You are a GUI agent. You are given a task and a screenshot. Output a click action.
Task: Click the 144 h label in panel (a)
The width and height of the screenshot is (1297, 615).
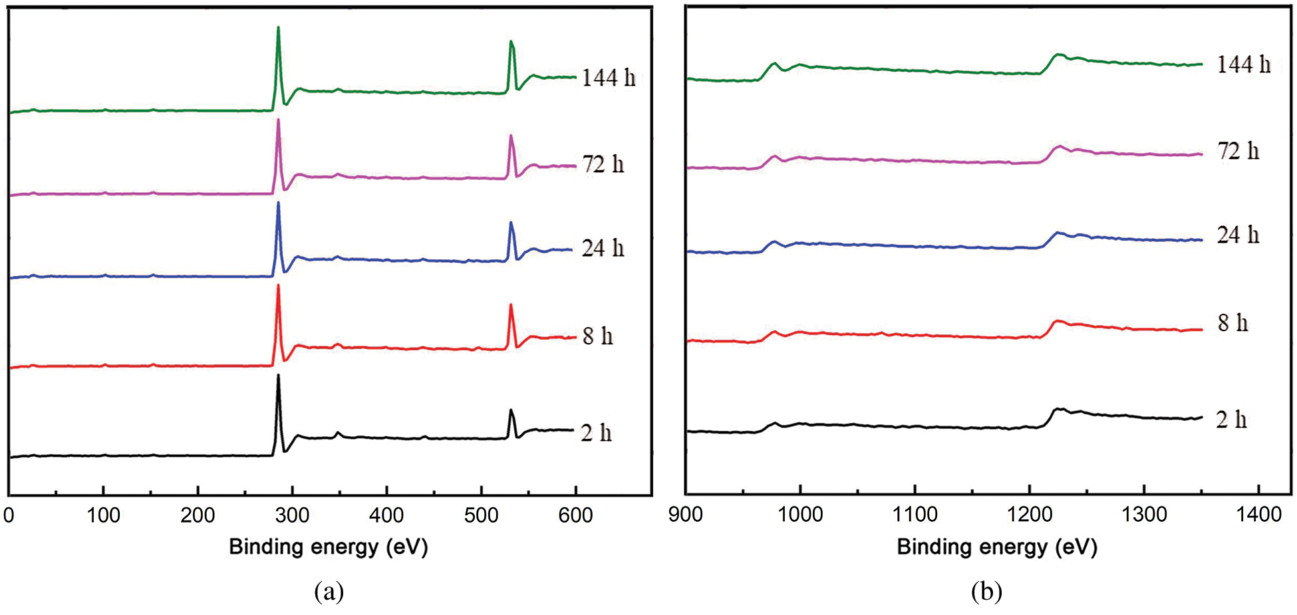coord(608,78)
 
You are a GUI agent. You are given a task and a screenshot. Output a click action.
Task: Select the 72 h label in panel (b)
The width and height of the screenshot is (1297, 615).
coord(1238,152)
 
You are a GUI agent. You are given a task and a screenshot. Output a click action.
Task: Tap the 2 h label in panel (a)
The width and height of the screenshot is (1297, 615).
coord(595,433)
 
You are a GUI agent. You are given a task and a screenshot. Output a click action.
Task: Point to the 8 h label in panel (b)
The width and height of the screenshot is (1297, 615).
coord(1232,323)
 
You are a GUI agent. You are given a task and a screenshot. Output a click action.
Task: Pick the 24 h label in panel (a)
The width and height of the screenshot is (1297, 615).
coord(603,249)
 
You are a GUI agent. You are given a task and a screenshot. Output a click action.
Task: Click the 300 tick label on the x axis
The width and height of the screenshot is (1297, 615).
coord(293,515)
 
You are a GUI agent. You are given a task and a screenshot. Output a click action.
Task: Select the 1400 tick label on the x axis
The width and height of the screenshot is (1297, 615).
coord(1259,514)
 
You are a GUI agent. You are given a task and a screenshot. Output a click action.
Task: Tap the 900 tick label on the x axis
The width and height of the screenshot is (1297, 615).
coord(686,514)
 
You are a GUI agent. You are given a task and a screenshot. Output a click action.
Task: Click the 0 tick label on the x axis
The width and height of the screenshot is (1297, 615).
coord(9,515)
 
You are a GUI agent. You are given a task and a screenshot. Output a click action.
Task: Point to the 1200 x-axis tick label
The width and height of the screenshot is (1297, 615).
coord(1030,514)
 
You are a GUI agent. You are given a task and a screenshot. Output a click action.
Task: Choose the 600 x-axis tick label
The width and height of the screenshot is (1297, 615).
coord(575,515)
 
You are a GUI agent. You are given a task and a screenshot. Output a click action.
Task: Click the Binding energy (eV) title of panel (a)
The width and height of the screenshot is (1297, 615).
coord(329,547)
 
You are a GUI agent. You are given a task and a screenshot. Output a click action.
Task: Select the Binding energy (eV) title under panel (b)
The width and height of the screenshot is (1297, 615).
coord(996,547)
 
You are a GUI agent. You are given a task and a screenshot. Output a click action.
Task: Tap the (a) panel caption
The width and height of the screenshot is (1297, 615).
coord(329,591)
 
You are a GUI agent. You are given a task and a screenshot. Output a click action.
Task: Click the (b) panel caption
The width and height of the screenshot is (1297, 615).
coord(986,591)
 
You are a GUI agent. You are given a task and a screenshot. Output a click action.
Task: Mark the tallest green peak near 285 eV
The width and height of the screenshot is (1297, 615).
coord(278,28)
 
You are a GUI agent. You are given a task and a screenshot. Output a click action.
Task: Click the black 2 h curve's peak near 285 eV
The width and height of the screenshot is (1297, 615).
coord(278,376)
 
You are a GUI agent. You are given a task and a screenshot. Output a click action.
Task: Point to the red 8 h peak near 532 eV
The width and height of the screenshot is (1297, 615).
coord(511,305)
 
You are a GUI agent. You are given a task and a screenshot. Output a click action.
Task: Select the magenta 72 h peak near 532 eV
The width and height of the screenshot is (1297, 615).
coord(511,136)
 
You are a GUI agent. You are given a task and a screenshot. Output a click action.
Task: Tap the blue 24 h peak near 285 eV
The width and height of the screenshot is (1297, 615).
coord(278,203)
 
